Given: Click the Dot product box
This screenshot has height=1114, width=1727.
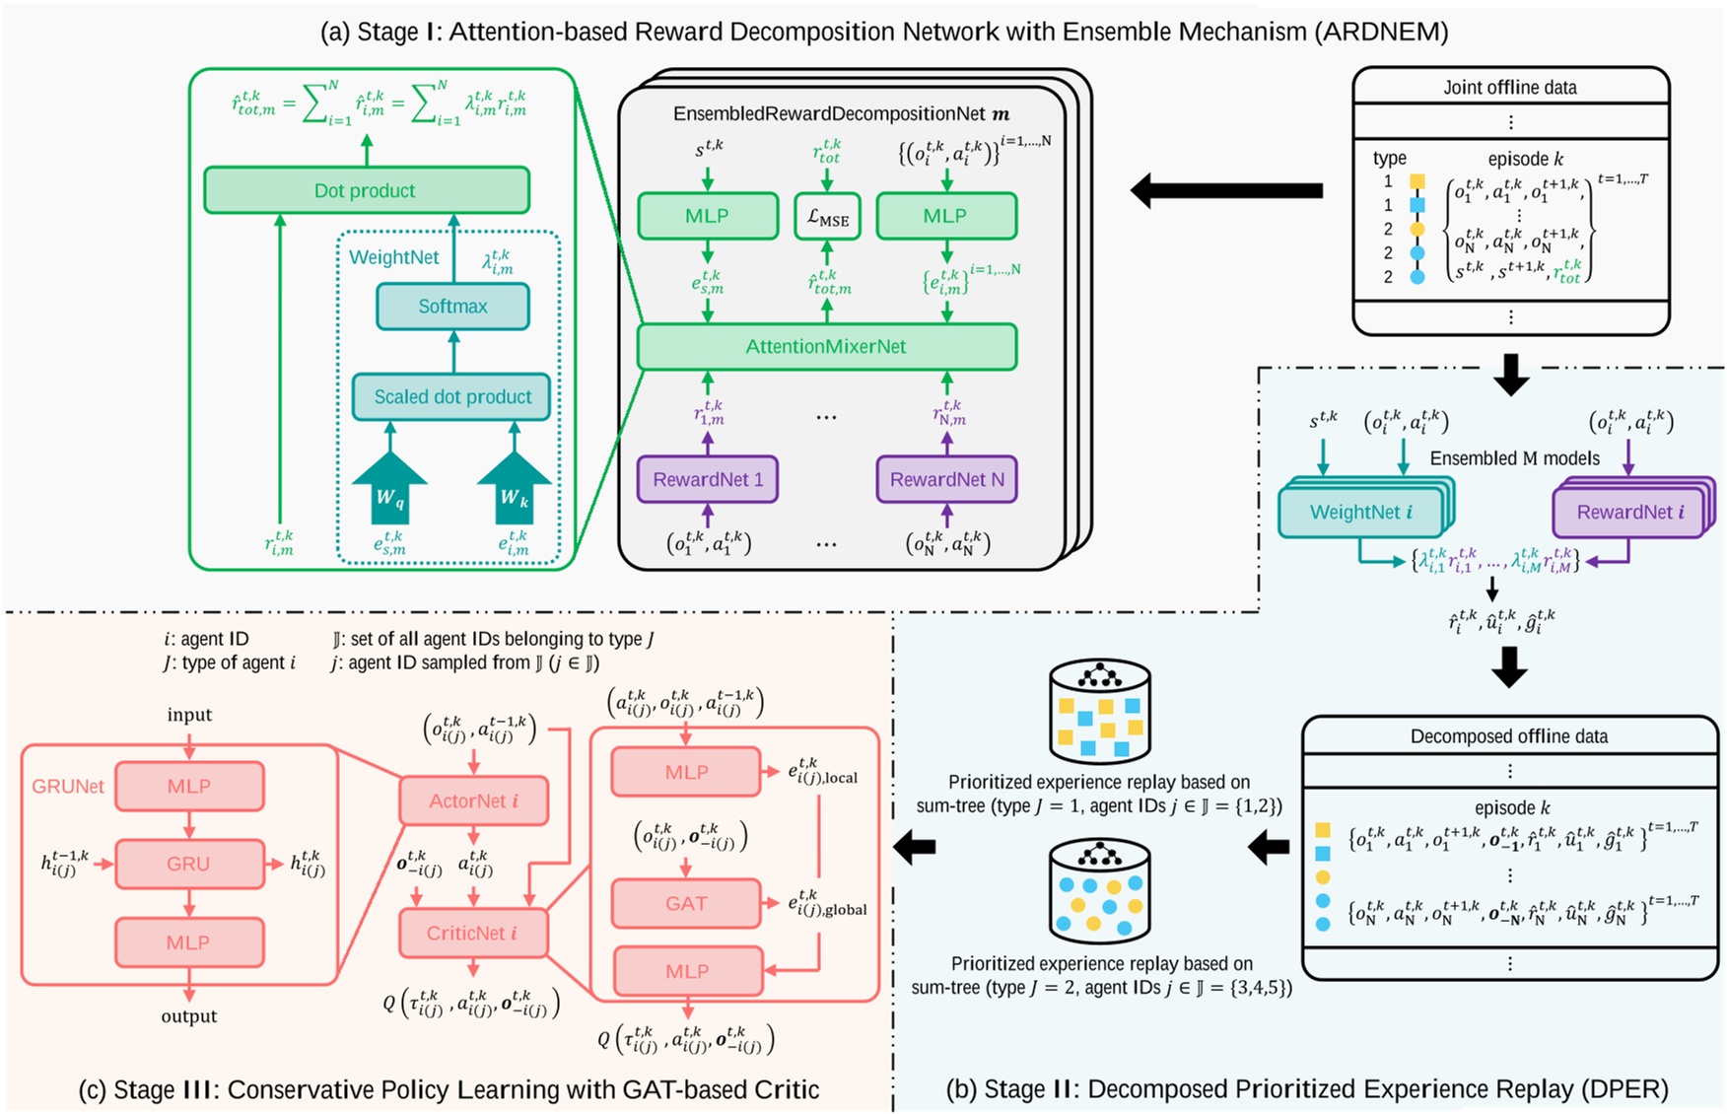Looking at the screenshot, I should tap(366, 190).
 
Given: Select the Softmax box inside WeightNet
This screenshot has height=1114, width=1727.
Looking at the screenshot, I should tap(452, 307).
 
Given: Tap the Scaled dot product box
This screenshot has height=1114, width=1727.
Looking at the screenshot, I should tap(452, 396).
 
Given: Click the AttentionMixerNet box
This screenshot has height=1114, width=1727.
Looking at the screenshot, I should tap(826, 347).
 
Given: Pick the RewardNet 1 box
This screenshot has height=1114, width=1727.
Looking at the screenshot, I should tap(708, 480).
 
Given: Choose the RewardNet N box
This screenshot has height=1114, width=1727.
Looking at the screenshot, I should tap(946, 480).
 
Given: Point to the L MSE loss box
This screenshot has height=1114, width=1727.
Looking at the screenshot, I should tap(827, 217).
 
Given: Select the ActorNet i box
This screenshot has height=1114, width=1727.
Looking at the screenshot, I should tap(473, 801).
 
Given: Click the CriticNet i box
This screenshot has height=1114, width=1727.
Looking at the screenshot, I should tap(472, 933).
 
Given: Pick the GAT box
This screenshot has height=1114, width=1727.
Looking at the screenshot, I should tap(686, 903).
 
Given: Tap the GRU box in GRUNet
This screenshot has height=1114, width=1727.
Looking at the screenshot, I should tap(188, 864).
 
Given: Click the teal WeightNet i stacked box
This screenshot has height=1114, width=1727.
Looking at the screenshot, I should tap(1360, 513).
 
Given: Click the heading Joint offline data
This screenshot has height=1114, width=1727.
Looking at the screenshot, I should tap(1510, 88).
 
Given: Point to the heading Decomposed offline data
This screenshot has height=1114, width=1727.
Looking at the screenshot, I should tap(1508, 736).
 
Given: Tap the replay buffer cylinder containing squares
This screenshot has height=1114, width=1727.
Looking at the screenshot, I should tap(1099, 712).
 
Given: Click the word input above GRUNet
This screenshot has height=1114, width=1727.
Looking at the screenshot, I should tap(189, 715).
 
